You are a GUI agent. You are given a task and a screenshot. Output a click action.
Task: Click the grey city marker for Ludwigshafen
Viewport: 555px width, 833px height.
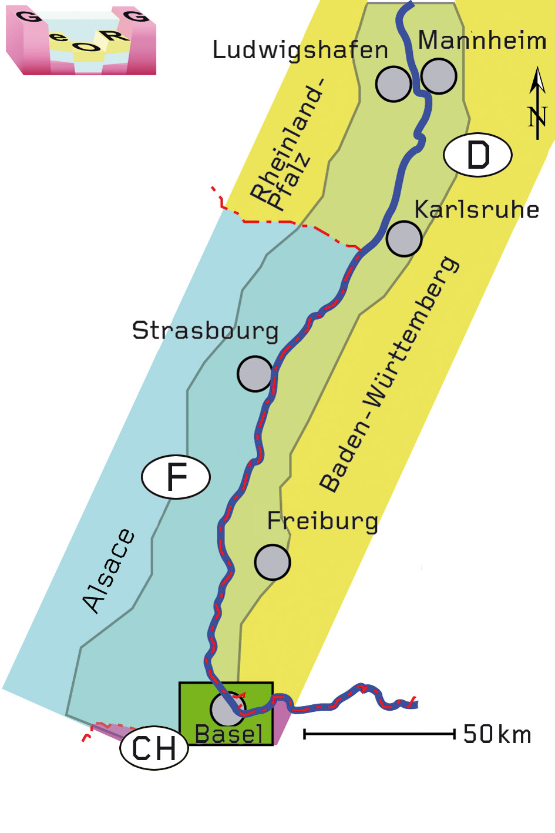tap(393, 84)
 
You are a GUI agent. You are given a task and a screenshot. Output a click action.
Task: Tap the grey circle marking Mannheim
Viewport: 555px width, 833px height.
tap(439, 76)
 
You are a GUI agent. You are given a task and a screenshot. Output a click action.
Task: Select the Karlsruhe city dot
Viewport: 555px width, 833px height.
tap(404, 238)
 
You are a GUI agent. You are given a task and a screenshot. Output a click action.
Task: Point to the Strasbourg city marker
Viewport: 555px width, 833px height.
tap(255, 373)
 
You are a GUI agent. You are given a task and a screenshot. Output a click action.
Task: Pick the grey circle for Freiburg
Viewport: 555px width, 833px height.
tap(273, 562)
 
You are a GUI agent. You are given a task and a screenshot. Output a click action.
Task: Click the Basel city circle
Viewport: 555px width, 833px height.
tap(227, 709)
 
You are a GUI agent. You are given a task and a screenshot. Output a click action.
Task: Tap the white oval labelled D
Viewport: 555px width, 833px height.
tap(477, 155)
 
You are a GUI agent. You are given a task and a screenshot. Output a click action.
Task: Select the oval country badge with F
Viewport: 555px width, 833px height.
tap(176, 477)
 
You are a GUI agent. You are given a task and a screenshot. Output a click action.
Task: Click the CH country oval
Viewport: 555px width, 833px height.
tap(154, 748)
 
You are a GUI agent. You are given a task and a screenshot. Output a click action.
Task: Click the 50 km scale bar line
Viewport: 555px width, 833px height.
tap(379, 734)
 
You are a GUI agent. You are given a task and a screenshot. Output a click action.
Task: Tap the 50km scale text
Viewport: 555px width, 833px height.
tap(497, 734)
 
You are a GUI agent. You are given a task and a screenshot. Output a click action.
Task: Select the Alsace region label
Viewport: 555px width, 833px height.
tap(109, 571)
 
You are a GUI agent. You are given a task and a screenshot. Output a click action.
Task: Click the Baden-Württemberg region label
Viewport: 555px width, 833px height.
tap(389, 374)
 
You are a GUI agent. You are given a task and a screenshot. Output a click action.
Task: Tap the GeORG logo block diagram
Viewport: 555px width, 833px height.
tap(81, 41)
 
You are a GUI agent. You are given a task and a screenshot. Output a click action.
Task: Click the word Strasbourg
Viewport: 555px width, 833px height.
tap(205, 331)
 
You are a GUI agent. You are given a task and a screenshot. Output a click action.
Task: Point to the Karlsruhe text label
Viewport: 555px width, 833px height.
tap(476, 210)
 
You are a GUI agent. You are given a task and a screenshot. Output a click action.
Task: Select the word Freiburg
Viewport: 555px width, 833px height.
tap(322, 521)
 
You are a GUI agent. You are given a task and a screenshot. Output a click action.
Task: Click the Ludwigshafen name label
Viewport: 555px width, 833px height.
tap(300, 51)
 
